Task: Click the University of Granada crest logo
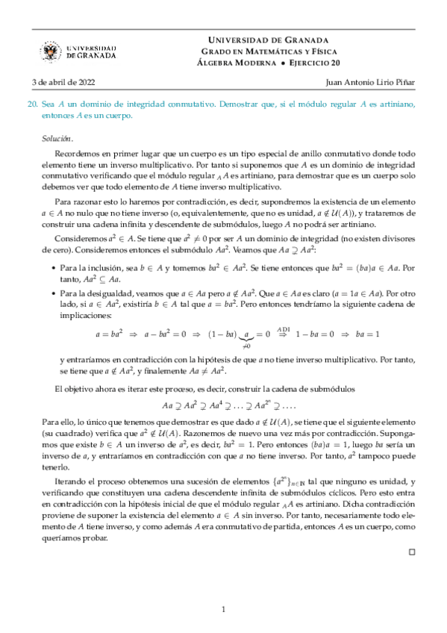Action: pyautogui.click(x=52, y=51)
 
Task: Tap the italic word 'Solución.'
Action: pyautogui.click(x=58, y=138)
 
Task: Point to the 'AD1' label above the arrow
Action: pyautogui.click(x=284, y=327)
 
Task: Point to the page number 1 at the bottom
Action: pyautogui.click(x=223, y=611)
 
